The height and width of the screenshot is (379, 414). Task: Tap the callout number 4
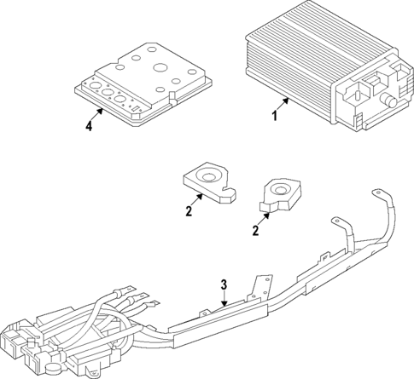(x=88, y=128)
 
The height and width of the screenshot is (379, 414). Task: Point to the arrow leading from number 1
(x=285, y=106)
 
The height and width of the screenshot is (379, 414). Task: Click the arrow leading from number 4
(x=99, y=118)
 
